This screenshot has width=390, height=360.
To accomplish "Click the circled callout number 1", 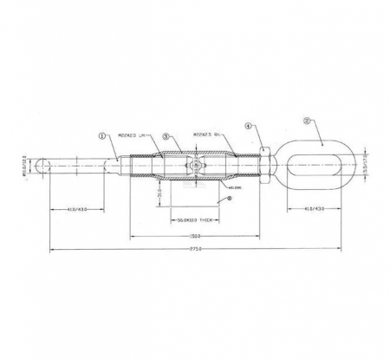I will click(x=102, y=135).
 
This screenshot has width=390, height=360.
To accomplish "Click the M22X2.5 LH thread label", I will click(x=129, y=135).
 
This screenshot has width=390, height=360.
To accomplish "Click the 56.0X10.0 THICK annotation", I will click(x=195, y=219).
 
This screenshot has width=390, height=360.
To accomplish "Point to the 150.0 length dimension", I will click(x=195, y=234).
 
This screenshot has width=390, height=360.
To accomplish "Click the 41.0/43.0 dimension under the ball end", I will click(x=79, y=208).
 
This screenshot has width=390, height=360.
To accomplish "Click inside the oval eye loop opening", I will click(x=322, y=162).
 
